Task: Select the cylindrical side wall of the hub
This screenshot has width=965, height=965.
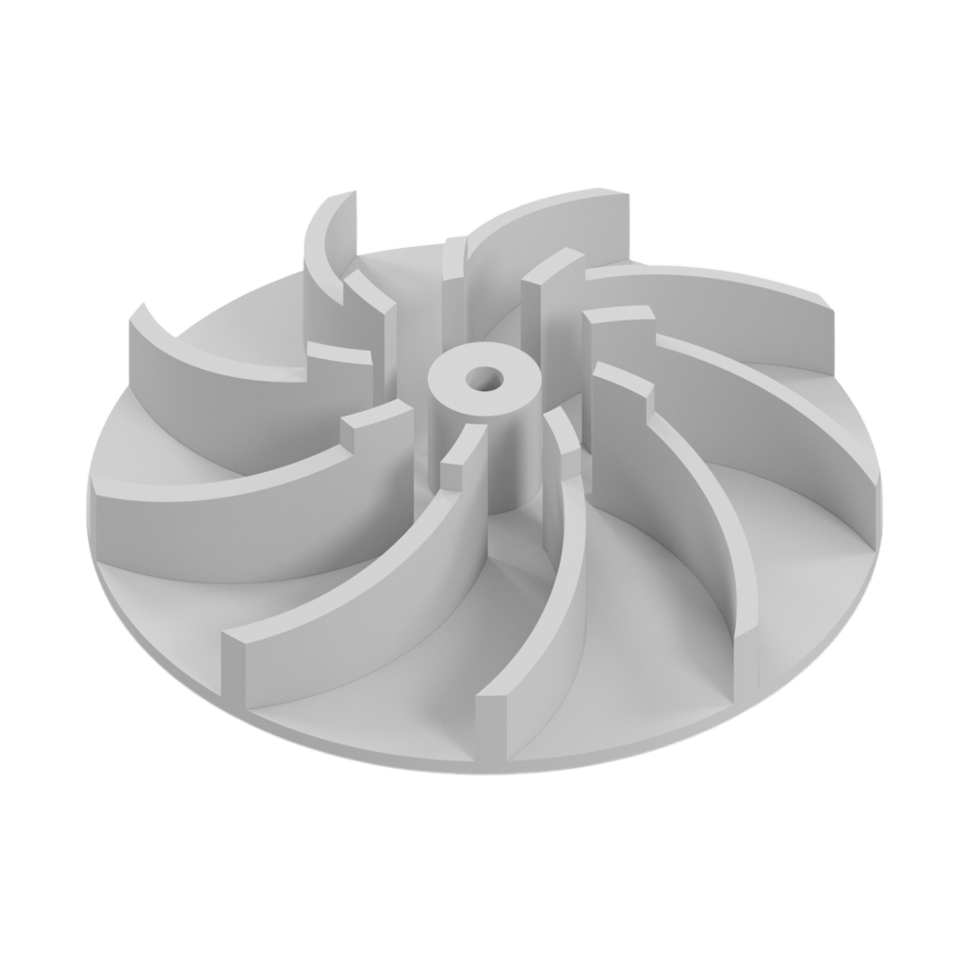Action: click(509, 452)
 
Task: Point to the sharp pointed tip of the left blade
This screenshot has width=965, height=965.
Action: click(142, 305)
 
